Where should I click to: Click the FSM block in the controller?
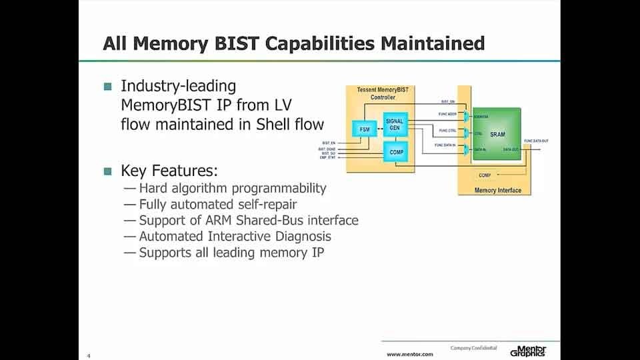(364, 128)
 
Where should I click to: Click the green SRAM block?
(497, 134)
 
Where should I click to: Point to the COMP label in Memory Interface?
(485, 175)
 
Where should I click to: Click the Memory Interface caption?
(497, 191)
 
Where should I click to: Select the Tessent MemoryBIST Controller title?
(378, 94)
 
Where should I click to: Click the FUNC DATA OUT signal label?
(537, 141)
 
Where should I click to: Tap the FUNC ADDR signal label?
(447, 113)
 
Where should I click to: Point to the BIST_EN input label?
(329, 143)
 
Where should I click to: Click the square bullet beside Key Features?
(108, 171)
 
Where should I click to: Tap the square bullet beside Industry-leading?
(108, 86)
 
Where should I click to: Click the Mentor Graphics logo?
(529, 351)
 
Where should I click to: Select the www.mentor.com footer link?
(410, 354)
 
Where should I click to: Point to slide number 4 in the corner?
(88, 355)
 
